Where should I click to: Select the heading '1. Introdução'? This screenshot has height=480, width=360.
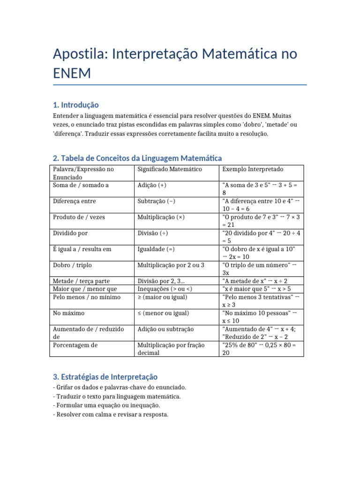pos(76,105)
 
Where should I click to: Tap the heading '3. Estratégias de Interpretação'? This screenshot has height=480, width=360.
pos(105,376)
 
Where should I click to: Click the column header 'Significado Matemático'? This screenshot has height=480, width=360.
pos(170,169)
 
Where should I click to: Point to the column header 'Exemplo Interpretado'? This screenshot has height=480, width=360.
pos(253,169)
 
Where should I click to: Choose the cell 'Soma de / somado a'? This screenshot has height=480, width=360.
pos(81,185)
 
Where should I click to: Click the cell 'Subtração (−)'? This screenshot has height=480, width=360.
pos(157,201)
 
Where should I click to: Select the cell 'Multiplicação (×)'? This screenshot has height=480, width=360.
pos(161,217)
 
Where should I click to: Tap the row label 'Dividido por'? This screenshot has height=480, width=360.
pos(70,233)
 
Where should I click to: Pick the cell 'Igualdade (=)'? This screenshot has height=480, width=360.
pos(156,249)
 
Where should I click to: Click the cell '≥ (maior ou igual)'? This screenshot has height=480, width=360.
pos(162,297)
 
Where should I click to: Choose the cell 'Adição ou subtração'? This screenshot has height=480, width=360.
pos(165,329)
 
